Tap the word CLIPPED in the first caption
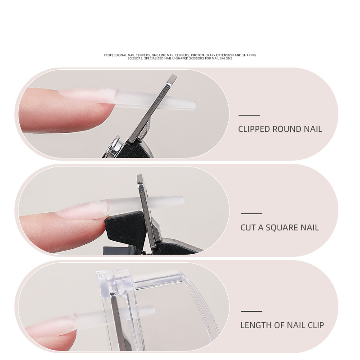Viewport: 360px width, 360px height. pos(254,129)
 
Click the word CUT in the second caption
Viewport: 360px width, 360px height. pos(248,228)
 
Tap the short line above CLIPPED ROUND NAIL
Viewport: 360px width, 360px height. pos(249,115)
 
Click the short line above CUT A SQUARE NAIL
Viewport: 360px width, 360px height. pos(252,213)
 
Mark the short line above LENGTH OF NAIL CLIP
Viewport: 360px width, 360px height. pos(252,311)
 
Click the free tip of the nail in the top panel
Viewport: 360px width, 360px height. pos(196,105)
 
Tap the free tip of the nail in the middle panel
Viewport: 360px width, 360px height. pos(184,200)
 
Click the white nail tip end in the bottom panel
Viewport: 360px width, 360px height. pos(153,310)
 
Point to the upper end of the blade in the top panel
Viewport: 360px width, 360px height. pos(173,76)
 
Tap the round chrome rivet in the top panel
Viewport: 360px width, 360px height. pos(114,147)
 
